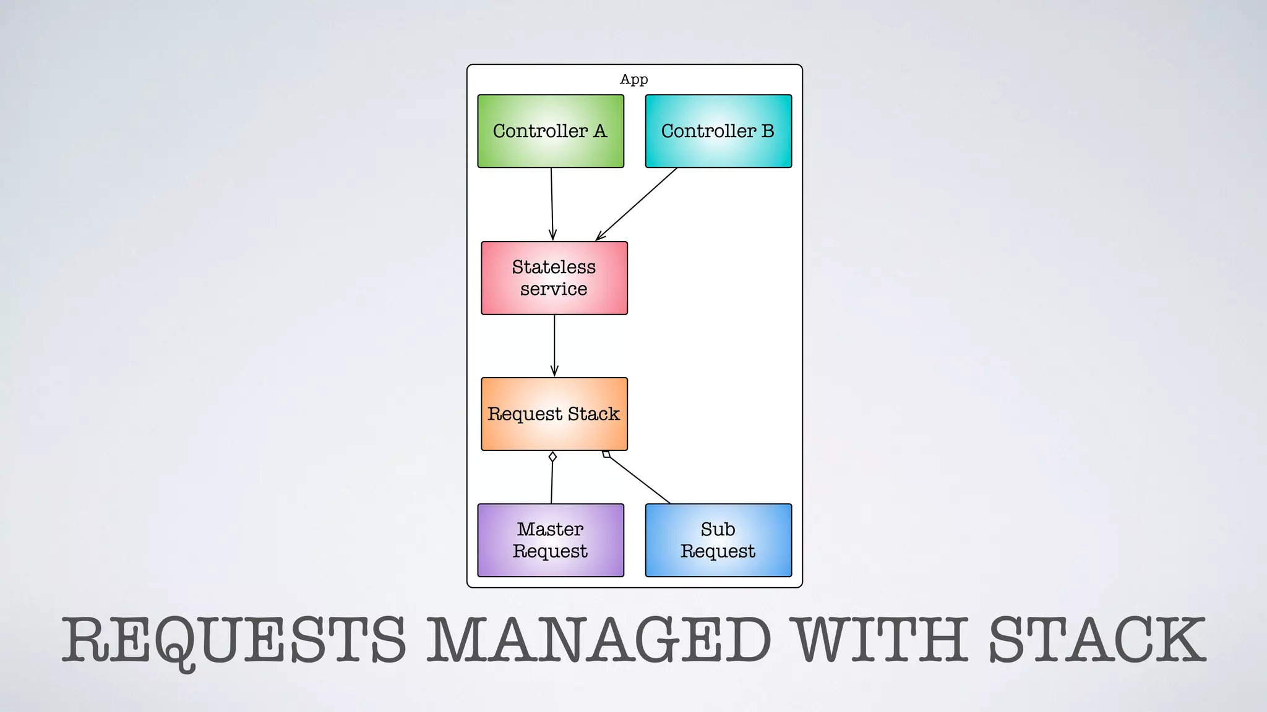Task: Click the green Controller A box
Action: (x=551, y=131)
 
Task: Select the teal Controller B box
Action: (x=718, y=131)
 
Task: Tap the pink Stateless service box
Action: (x=554, y=278)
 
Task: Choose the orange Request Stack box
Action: (x=554, y=414)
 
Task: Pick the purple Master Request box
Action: (x=551, y=540)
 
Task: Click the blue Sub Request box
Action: (x=718, y=540)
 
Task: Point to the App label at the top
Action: (x=634, y=79)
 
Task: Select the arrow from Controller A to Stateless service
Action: (x=552, y=204)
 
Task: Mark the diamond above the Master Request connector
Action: (x=552, y=457)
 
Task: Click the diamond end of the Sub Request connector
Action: (x=606, y=454)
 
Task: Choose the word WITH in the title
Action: (x=881, y=640)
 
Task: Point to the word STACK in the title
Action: (x=1096, y=640)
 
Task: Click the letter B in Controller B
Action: (x=767, y=131)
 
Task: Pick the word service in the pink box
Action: (x=554, y=289)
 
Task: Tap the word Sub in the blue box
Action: (x=718, y=529)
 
